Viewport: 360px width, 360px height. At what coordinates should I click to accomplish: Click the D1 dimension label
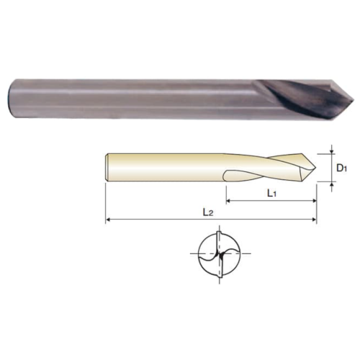[x=341, y=168]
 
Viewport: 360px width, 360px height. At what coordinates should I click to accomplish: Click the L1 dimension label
[x=271, y=193]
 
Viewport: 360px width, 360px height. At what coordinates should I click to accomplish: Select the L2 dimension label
[x=208, y=212]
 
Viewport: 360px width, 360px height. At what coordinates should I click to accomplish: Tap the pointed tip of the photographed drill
[x=354, y=100]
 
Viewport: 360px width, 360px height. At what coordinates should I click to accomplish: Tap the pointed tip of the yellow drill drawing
[x=316, y=168]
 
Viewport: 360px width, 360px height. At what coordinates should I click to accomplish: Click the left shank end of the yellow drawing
[x=107, y=167]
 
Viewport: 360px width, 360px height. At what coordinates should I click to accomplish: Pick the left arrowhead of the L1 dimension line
[x=228, y=200]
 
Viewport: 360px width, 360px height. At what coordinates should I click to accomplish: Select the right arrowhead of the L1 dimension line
[x=314, y=200]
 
